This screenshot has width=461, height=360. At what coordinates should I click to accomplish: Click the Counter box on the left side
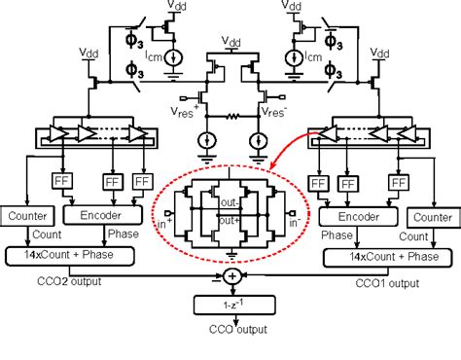[30, 214]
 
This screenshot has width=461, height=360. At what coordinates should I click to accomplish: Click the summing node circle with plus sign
[230, 275]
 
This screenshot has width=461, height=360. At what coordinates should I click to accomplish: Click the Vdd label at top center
[230, 41]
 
